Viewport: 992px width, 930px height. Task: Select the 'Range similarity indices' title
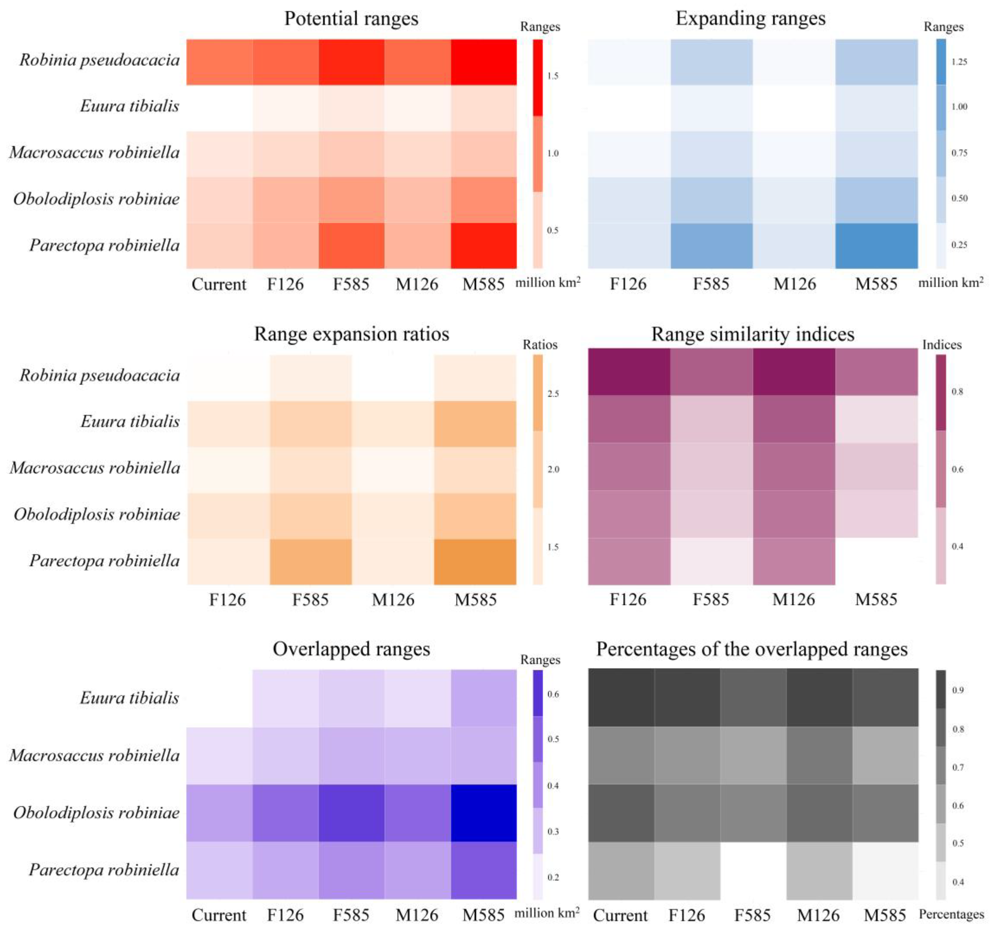(752, 334)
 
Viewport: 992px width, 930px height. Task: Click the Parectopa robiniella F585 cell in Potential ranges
(351, 246)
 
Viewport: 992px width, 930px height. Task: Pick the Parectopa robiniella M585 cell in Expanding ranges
(876, 246)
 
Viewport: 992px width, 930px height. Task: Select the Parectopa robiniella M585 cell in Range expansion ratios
(475, 561)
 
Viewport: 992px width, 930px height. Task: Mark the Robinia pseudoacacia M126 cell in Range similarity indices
(794, 372)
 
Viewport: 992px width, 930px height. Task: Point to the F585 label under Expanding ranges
(711, 284)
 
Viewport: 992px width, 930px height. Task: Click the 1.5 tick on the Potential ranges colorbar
(552, 76)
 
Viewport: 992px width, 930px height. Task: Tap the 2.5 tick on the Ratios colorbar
(553, 394)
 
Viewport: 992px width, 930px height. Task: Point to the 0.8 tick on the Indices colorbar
(957, 392)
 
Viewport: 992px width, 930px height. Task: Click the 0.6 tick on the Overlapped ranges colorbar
(553, 694)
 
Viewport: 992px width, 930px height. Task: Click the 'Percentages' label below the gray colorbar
(951, 914)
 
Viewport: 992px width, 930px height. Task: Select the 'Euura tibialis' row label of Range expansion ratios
(130, 422)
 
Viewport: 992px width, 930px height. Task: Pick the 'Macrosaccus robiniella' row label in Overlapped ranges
(94, 755)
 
